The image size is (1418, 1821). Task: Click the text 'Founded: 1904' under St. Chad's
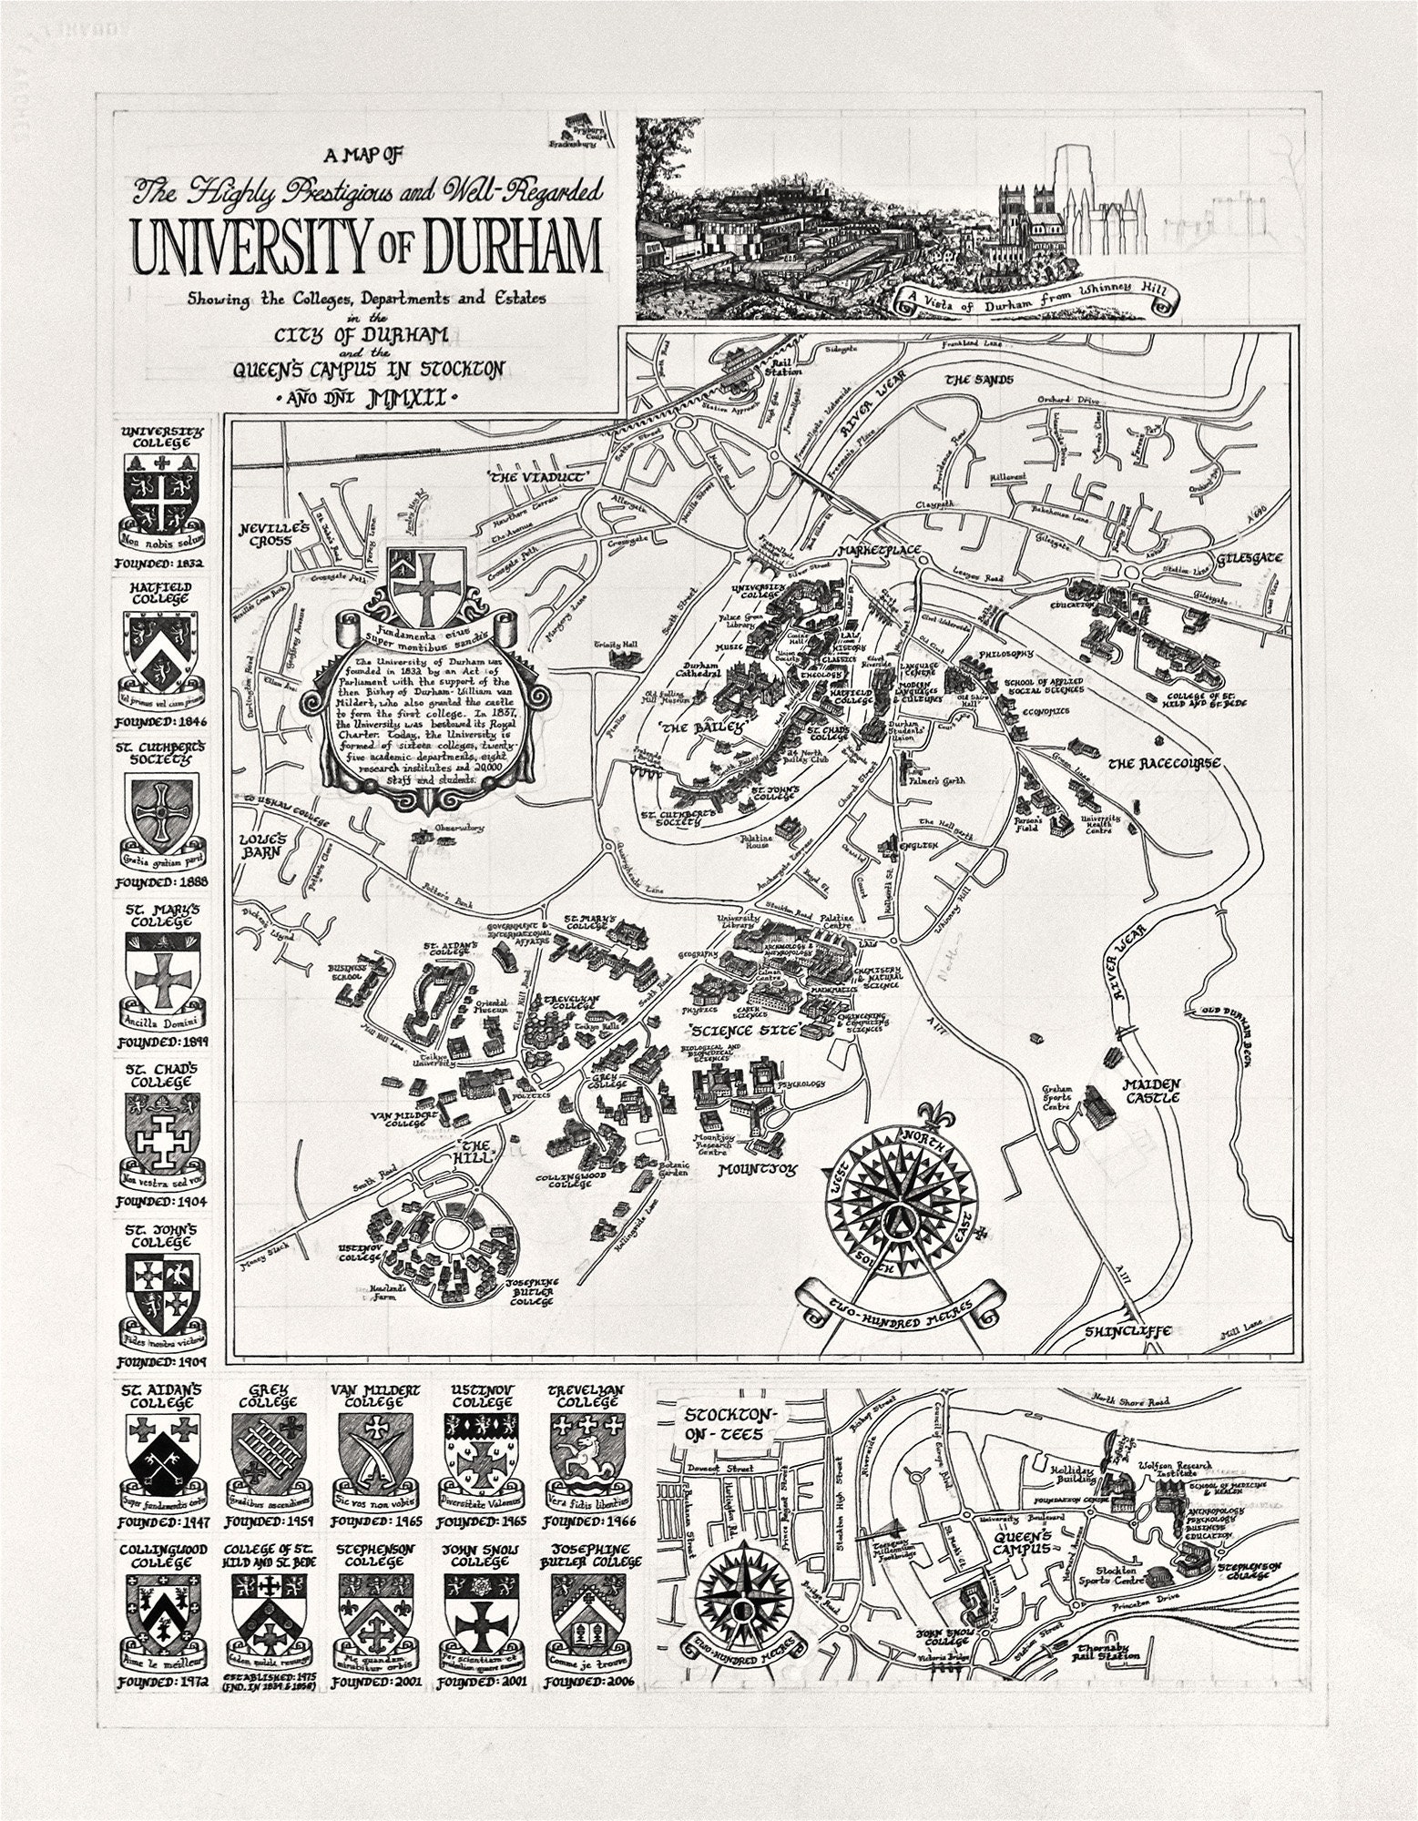coord(162,1201)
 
